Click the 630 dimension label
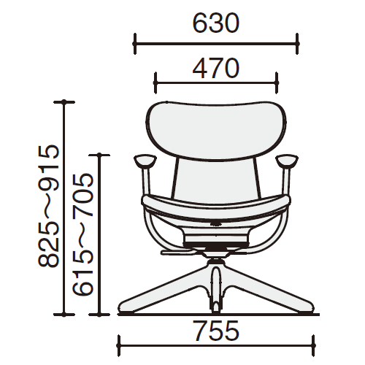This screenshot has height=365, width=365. pos(215,23)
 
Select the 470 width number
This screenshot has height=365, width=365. pos(215,69)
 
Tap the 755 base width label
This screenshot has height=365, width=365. pos(216,331)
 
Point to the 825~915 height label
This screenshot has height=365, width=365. pos(49,207)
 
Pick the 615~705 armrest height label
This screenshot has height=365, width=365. pos(82,234)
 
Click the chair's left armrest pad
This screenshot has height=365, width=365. pos(145,161)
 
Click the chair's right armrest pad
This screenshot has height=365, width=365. pos(287,161)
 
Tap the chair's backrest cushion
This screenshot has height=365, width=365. pos(216,131)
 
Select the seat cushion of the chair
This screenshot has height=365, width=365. pos(216,205)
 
